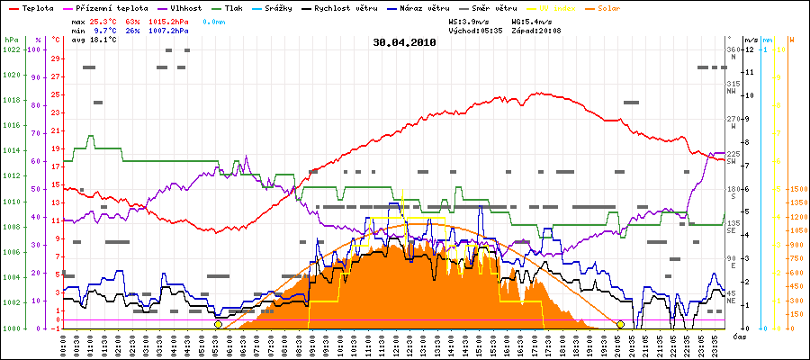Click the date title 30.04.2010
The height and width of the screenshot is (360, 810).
tap(404, 41)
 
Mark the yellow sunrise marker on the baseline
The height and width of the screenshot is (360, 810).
tap(219, 324)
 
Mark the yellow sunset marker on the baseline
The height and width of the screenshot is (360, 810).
tap(621, 324)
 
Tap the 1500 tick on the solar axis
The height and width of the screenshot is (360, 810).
tap(797, 190)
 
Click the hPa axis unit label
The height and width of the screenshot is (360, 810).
tap(10, 40)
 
